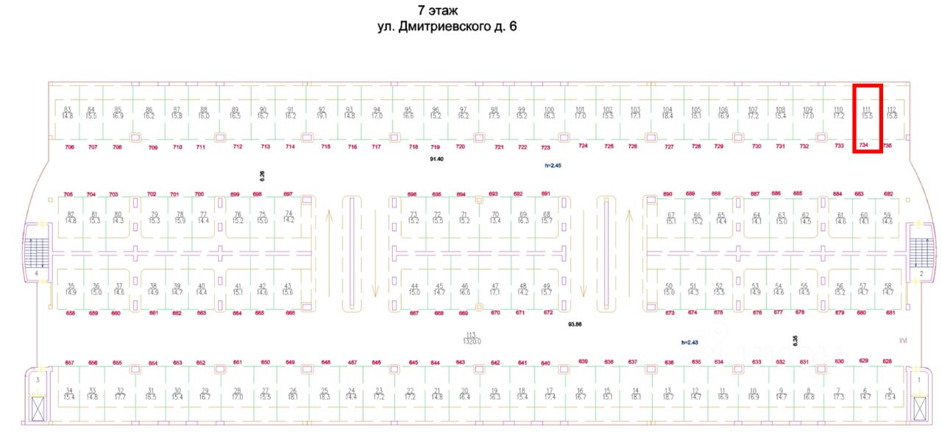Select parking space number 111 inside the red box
click(867, 113)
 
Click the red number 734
click(864, 145)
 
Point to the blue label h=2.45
click(553, 166)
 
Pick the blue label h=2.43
click(689, 342)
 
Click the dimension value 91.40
click(437, 159)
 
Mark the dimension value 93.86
click(575, 324)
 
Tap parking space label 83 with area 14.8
click(68, 113)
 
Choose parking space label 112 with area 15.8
click(892, 113)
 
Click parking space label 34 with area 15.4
click(69, 394)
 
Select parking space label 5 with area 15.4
click(890, 394)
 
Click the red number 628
click(887, 361)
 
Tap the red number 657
click(70, 363)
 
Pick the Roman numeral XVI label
click(903, 341)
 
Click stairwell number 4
click(35, 273)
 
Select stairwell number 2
click(921, 273)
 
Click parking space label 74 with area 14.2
click(288, 216)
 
